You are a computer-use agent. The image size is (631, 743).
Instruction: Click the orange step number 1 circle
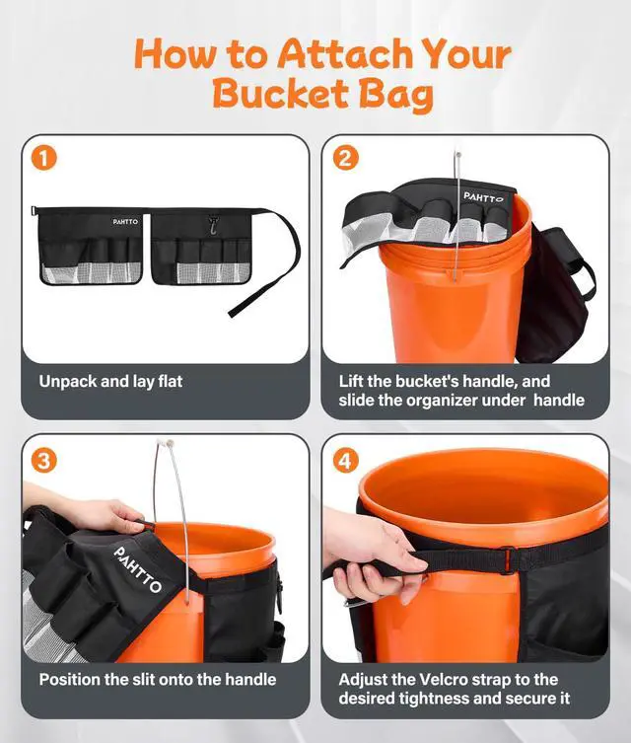click(44, 158)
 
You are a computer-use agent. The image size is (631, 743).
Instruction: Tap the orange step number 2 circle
click(345, 158)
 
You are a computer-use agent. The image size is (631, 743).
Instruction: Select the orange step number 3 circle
click(44, 461)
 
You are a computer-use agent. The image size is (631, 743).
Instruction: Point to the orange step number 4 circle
click(345, 461)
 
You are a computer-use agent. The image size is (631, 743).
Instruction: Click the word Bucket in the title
click(281, 94)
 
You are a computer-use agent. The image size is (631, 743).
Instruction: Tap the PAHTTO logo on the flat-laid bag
click(125, 222)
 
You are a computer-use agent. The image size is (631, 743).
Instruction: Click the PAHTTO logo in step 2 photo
click(483, 197)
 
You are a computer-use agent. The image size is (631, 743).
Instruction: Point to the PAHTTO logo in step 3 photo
click(138, 569)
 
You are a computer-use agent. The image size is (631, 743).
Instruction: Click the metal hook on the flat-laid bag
click(214, 225)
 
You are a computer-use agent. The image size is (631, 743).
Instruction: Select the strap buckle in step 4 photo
click(509, 560)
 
